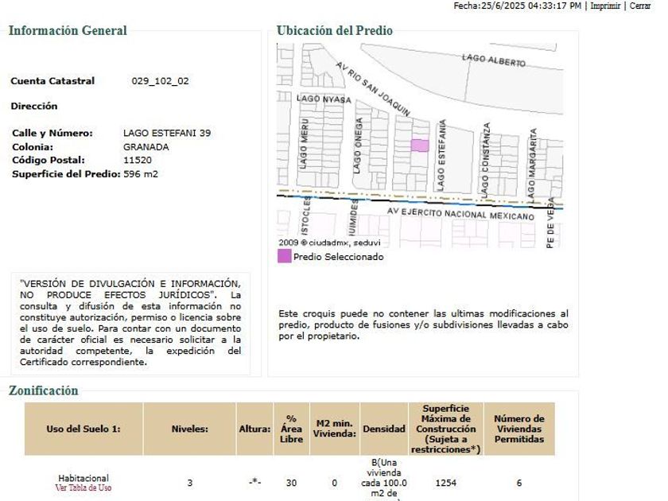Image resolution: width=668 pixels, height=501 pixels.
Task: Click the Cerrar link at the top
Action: pyautogui.click(x=640, y=6)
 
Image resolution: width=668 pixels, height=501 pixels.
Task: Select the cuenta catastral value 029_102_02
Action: pyautogui.click(x=160, y=81)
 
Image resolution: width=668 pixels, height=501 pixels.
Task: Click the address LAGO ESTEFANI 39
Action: pyautogui.click(x=167, y=133)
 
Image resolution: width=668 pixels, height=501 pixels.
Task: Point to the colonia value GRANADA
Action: pyautogui.click(x=146, y=147)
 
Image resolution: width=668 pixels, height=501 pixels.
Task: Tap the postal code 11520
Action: pyautogui.click(x=138, y=160)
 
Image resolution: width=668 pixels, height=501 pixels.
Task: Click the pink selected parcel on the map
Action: pyautogui.click(x=419, y=145)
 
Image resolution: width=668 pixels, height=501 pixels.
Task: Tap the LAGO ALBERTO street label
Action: pyautogui.click(x=494, y=60)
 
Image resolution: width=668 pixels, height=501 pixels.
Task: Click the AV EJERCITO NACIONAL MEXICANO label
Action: pyautogui.click(x=460, y=214)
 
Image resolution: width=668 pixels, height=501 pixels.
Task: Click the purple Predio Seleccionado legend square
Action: pyautogui.click(x=284, y=256)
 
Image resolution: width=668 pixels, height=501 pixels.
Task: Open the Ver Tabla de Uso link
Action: pyautogui.click(x=83, y=487)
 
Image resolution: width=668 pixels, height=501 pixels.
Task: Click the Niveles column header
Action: pyautogui.click(x=189, y=429)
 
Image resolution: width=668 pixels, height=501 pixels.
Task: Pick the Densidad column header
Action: pyautogui.click(x=384, y=429)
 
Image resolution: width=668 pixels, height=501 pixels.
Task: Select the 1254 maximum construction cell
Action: pyautogui.click(x=445, y=483)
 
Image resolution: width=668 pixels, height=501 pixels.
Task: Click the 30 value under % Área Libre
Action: pyautogui.click(x=291, y=483)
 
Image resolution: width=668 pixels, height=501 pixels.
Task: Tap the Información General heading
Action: pyautogui.click(x=68, y=31)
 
